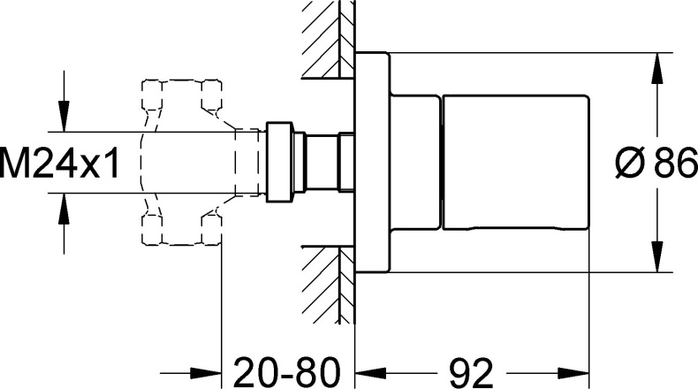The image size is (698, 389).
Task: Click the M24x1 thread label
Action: (x=60, y=163)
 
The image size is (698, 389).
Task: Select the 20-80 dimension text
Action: (x=286, y=372)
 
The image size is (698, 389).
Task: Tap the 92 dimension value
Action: (x=472, y=372)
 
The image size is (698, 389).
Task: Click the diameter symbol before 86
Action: (x=630, y=163)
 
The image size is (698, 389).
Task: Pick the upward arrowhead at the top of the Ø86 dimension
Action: (x=657, y=68)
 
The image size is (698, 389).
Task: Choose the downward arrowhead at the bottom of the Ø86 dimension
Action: (x=657, y=256)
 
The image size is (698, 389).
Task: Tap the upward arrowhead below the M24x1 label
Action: (x=64, y=208)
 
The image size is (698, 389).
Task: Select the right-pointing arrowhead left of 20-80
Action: (x=207, y=372)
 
